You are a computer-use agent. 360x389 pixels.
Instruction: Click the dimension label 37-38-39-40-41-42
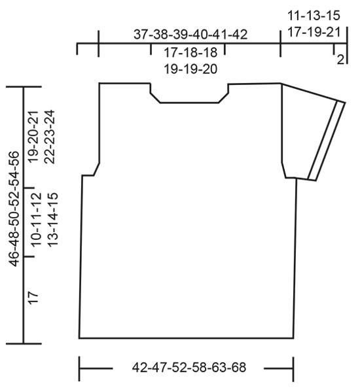pyautogui.click(x=190, y=34)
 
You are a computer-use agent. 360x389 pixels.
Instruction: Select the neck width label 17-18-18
pyautogui.click(x=190, y=52)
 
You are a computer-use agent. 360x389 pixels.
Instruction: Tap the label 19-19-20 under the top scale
pyautogui.click(x=190, y=69)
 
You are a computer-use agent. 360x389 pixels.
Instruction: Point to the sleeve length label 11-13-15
pyautogui.click(x=314, y=16)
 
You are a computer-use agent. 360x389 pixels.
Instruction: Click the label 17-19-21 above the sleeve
pyautogui.click(x=314, y=32)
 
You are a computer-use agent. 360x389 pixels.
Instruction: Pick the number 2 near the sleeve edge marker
pyautogui.click(x=340, y=59)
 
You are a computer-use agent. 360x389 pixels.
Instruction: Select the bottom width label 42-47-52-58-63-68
pyautogui.click(x=189, y=367)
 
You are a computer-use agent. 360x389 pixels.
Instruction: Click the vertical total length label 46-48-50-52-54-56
pyautogui.click(x=14, y=209)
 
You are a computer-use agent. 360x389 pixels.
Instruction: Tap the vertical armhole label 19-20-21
pyautogui.click(x=33, y=137)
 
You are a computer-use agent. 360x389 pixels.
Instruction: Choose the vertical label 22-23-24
pyautogui.click(x=49, y=137)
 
